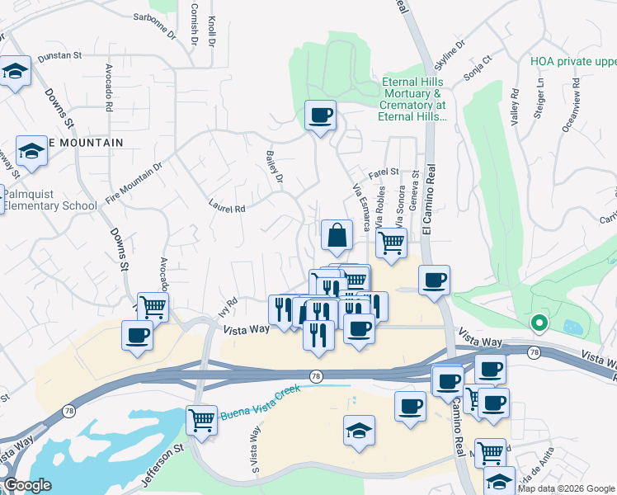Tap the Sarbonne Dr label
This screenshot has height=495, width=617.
[154, 29]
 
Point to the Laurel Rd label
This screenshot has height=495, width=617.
[227, 210]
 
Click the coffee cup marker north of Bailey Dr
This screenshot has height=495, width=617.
[320, 115]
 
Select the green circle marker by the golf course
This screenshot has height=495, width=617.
[539, 323]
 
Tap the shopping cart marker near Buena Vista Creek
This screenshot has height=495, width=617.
[201, 420]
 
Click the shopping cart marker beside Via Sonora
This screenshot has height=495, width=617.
[391, 242]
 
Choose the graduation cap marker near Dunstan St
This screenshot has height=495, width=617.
[14, 72]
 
